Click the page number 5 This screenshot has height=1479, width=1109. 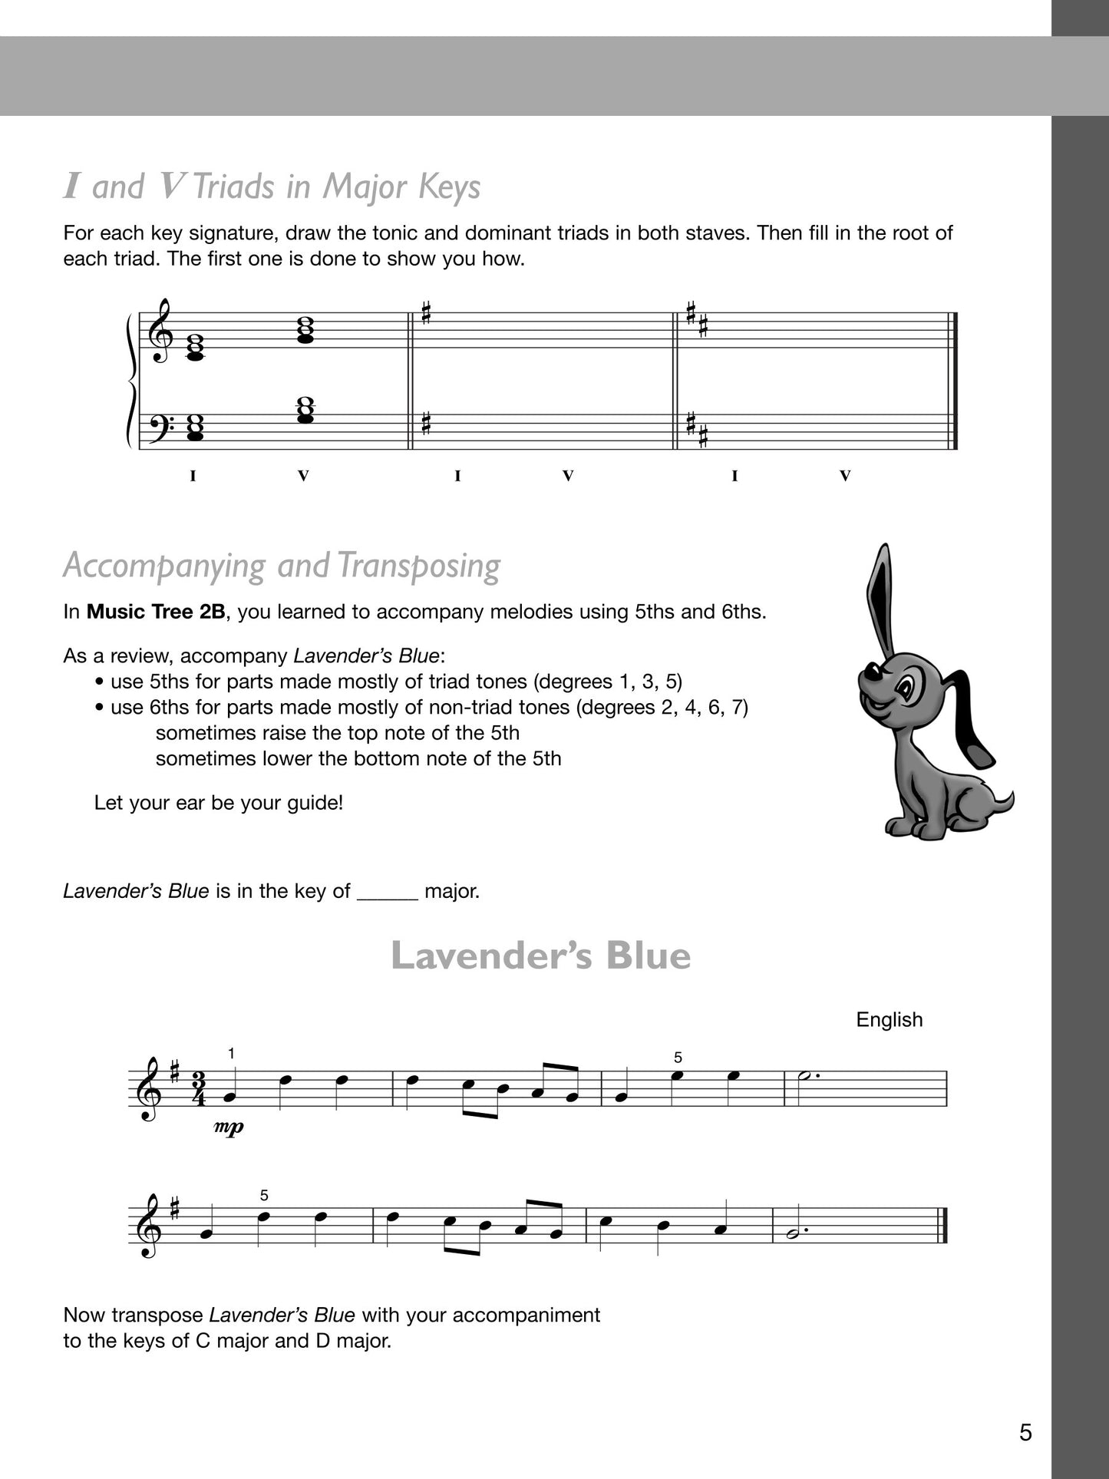(1025, 1432)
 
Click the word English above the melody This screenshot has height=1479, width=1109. (889, 1019)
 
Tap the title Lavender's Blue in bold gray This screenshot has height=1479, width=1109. (541, 956)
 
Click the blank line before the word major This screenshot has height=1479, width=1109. (388, 892)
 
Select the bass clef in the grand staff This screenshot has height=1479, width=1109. (157, 425)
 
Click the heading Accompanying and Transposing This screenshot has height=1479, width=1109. (282, 566)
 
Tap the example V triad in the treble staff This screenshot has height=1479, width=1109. (305, 328)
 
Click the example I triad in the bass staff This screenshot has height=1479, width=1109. (195, 430)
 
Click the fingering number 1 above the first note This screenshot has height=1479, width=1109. (232, 1054)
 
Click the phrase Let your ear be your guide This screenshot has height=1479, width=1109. (219, 803)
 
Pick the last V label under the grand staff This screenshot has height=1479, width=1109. (845, 477)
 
